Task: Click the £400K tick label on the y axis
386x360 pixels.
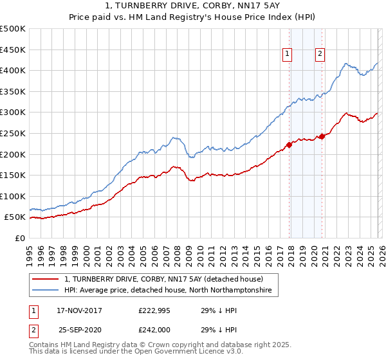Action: tap(13, 71)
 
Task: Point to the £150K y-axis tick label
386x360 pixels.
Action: tap(13, 175)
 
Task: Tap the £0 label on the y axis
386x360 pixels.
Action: tap(20, 238)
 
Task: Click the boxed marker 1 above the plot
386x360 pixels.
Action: tap(286, 55)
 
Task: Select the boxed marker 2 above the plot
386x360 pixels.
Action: tap(319, 55)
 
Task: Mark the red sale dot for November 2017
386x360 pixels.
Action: tap(289, 145)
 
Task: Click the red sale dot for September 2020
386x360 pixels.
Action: tap(321, 136)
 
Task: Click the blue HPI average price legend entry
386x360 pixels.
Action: tap(168, 291)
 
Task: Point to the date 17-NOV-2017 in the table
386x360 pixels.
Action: tap(79, 310)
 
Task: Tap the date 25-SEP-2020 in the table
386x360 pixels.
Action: tap(79, 330)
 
